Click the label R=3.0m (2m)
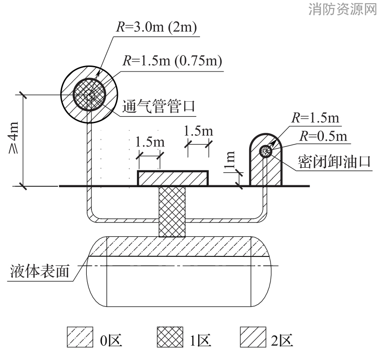click(x=156, y=27)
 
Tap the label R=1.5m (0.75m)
click(x=172, y=60)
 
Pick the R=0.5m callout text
click(x=323, y=136)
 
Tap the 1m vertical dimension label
click(x=230, y=159)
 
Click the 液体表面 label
click(x=40, y=271)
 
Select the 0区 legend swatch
click(x=80, y=337)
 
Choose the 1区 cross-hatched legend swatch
click(x=170, y=337)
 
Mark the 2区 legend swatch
click(x=253, y=337)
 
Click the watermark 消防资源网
click(x=343, y=9)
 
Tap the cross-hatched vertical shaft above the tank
click(x=172, y=211)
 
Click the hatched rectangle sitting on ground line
click(x=173, y=178)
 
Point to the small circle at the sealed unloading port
click(x=266, y=151)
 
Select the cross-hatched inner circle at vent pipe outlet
click(x=90, y=95)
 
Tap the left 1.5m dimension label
click(x=150, y=142)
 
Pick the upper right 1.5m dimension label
click(x=199, y=131)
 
